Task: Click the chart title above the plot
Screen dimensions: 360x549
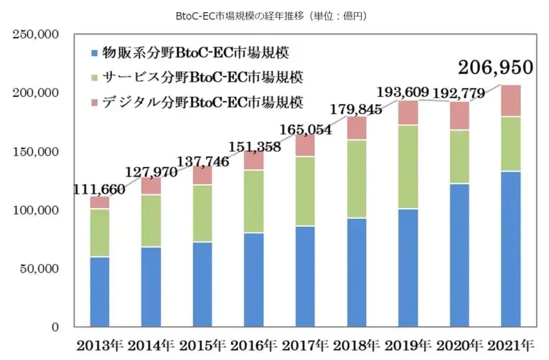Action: click(x=274, y=15)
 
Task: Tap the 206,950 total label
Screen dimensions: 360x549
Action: click(x=497, y=67)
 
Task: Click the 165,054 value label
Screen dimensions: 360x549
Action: click(x=302, y=130)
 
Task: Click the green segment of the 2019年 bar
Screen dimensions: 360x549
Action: click(x=408, y=166)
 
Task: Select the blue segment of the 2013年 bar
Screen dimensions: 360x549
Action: click(x=100, y=292)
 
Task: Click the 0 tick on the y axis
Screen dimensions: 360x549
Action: click(x=55, y=327)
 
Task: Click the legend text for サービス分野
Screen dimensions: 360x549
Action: click(x=202, y=77)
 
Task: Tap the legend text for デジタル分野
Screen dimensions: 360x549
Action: click(x=202, y=102)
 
